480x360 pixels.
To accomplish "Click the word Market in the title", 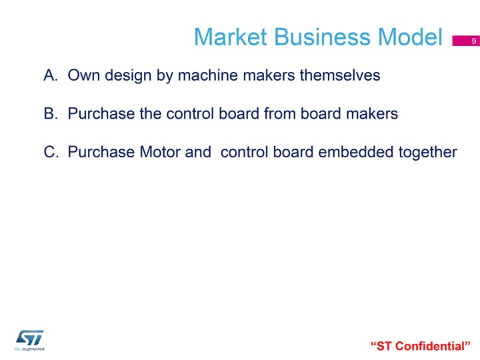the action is click(231, 37).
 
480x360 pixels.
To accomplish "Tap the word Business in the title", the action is click(323, 37).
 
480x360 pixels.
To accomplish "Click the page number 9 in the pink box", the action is click(474, 41).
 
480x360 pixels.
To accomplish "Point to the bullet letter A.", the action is click(51, 75).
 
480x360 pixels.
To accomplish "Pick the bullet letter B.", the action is click(51, 113).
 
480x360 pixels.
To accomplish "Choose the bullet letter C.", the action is click(51, 152).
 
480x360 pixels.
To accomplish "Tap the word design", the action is click(128, 75).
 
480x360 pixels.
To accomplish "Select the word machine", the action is click(208, 75).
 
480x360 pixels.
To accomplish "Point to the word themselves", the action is click(340, 75).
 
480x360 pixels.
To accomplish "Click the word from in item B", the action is click(280, 113).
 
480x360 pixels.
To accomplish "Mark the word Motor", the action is click(160, 152).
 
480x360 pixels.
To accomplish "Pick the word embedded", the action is click(356, 152).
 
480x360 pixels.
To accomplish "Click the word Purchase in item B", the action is click(101, 113).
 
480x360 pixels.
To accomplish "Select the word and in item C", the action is click(198, 152).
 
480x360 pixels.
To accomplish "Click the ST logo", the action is click(30, 338).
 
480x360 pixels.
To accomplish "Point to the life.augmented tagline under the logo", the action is click(29, 349).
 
